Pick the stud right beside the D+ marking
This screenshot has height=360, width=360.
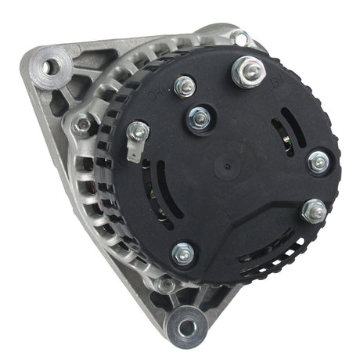click(185, 86)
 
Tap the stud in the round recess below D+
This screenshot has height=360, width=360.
click(200, 119)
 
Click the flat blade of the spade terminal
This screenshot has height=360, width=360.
click(132, 152)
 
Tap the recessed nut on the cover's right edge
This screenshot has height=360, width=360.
click(318, 163)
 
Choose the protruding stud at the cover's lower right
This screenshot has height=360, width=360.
click(314, 209)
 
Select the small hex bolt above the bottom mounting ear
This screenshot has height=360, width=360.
click(164, 285)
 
